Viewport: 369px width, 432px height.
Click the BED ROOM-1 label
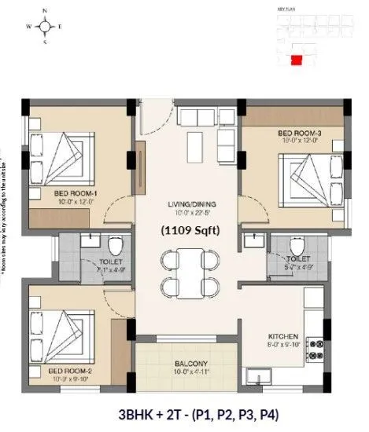(76, 193)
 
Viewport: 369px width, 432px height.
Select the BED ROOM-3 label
(299, 134)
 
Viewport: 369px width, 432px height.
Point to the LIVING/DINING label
(186, 205)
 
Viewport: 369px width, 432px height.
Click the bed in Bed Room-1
(60, 156)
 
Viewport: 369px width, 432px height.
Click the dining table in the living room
(187, 271)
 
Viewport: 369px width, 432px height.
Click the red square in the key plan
(296, 58)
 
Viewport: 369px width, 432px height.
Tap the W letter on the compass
(28, 26)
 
